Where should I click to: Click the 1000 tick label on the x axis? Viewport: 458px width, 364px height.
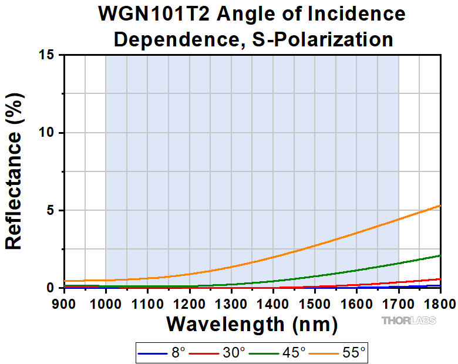pos(106,304)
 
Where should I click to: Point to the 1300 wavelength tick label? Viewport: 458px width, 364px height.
pos(231,304)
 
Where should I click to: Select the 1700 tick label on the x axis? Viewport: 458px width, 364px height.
pos(399,304)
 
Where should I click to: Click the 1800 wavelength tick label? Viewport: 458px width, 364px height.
pos(439,304)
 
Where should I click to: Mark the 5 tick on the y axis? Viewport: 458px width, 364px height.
pos(52,210)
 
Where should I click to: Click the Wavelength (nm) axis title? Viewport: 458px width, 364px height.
pos(252,323)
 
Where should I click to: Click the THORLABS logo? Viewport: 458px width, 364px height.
pos(409,321)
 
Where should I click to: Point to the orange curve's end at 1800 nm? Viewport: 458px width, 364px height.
pos(440,205)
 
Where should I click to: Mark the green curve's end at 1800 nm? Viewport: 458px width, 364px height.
pos(440,255)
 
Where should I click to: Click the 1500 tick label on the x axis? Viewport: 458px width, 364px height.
pos(315,304)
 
